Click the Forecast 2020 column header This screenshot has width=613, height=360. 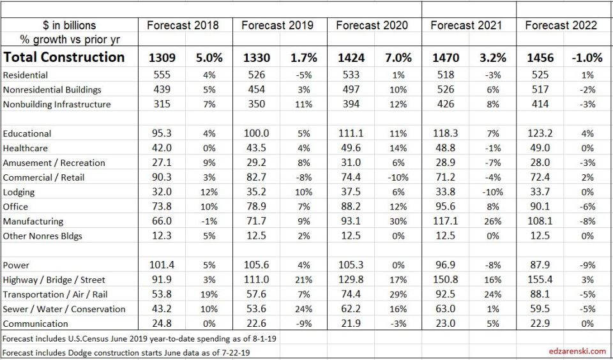[372, 26]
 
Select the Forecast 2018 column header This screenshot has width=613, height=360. [183, 26]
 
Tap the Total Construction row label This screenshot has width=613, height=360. [64, 57]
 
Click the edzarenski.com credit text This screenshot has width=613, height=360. [577, 351]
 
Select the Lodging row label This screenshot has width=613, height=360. [19, 192]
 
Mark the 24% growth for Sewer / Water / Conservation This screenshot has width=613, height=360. [303, 309]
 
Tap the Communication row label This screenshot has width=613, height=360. [36, 324]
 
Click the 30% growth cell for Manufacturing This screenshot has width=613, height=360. [398, 221]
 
